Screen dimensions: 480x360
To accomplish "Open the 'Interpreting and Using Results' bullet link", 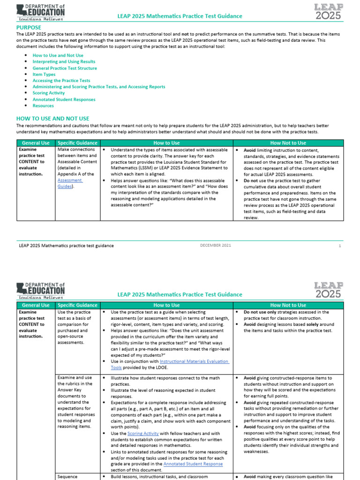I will click(x=64, y=61).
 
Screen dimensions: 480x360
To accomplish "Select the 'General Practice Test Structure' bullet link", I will click(x=65, y=68).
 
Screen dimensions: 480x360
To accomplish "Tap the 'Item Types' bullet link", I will click(x=44, y=74).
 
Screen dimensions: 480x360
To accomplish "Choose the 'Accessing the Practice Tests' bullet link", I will click(x=61, y=81).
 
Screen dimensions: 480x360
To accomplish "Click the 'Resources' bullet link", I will click(x=43, y=106).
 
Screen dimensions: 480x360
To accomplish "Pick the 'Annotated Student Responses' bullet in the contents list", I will click(x=64, y=99).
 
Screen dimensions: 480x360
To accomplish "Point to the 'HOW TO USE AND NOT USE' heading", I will click(x=52, y=119).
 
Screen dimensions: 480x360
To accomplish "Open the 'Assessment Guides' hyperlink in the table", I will click(x=70, y=183).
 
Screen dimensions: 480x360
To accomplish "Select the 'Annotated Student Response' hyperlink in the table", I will click(x=193, y=464).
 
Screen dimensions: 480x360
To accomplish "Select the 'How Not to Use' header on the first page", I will click(x=288, y=143).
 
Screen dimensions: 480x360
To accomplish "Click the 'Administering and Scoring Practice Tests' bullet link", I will click(x=98, y=87).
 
